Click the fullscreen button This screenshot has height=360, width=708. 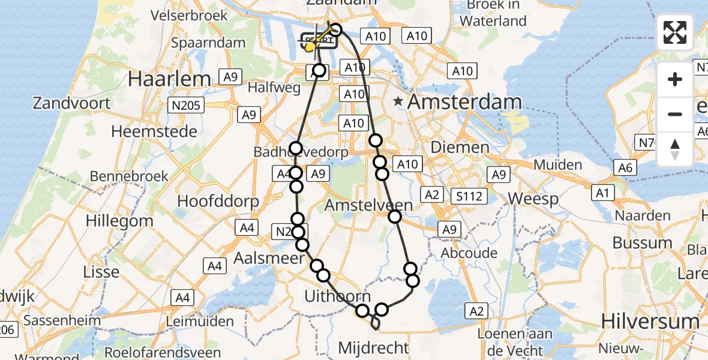pyautogui.click(x=675, y=32)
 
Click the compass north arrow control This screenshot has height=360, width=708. pyautogui.click(x=675, y=149)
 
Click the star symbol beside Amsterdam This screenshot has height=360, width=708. pyautogui.click(x=398, y=102)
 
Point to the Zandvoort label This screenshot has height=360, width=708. pyautogui.click(x=72, y=103)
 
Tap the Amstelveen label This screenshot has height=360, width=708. pyautogui.click(x=368, y=205)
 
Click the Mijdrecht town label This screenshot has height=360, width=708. pyautogui.click(x=374, y=347)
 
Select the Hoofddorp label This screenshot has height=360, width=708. pyautogui.click(x=218, y=200)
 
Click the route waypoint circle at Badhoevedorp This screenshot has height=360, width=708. pyautogui.click(x=296, y=148)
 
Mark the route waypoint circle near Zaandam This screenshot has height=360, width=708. pyautogui.click(x=335, y=30)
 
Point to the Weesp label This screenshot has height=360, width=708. pyautogui.click(x=533, y=199)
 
